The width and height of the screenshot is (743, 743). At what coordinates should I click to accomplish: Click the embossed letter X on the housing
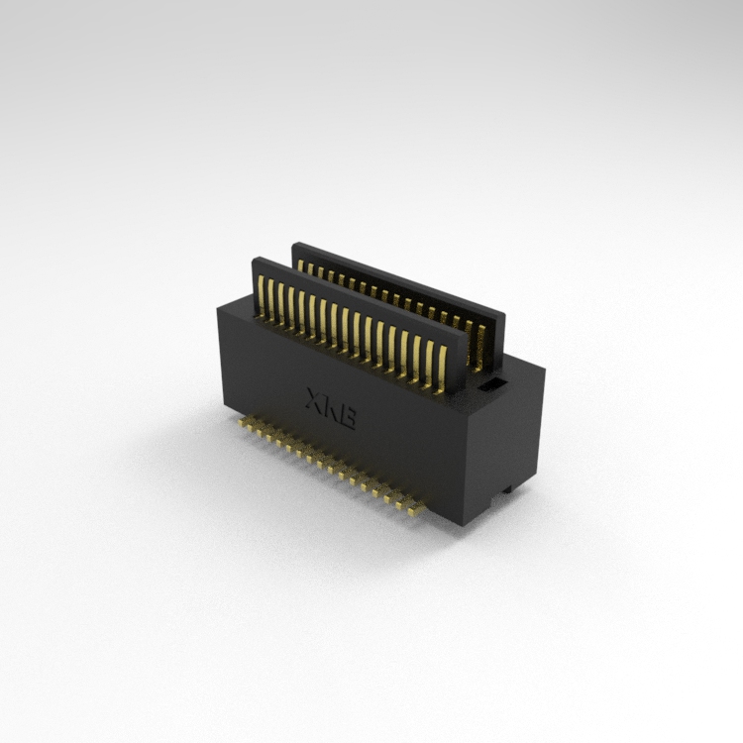(x=315, y=400)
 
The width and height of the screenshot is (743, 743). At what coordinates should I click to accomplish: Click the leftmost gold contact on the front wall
(x=261, y=295)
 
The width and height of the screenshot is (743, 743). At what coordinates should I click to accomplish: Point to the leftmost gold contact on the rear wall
(x=300, y=265)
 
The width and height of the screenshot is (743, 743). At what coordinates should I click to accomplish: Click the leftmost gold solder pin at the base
(x=242, y=422)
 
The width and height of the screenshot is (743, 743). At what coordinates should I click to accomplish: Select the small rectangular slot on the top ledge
(x=489, y=383)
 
